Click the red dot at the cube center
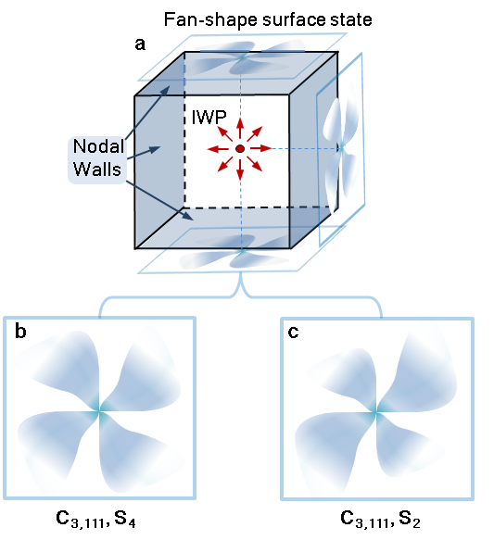point(240,149)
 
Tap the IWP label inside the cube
point(209,118)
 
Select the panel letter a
point(140,44)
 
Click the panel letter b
point(20,332)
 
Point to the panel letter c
point(293,332)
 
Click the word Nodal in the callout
point(98,146)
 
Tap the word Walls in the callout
point(97,170)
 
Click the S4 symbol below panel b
point(125,519)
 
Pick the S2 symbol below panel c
point(410,519)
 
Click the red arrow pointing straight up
point(240,129)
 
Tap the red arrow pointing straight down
point(240,168)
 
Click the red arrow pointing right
point(260,149)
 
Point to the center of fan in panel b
point(99,410)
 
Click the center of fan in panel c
point(376,412)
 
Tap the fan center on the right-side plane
point(341,149)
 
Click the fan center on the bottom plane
point(242,251)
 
